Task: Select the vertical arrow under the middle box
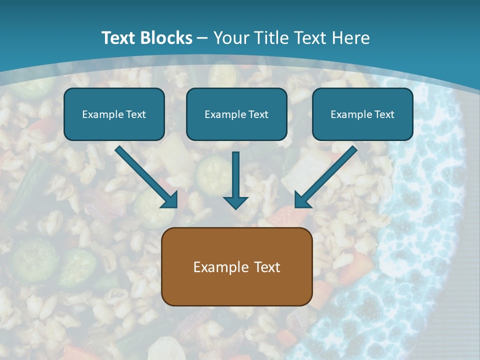[235, 175]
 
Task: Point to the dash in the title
[202, 38]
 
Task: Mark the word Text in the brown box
[267, 267]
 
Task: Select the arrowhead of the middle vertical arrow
[235, 202]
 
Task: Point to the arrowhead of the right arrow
[302, 199]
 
